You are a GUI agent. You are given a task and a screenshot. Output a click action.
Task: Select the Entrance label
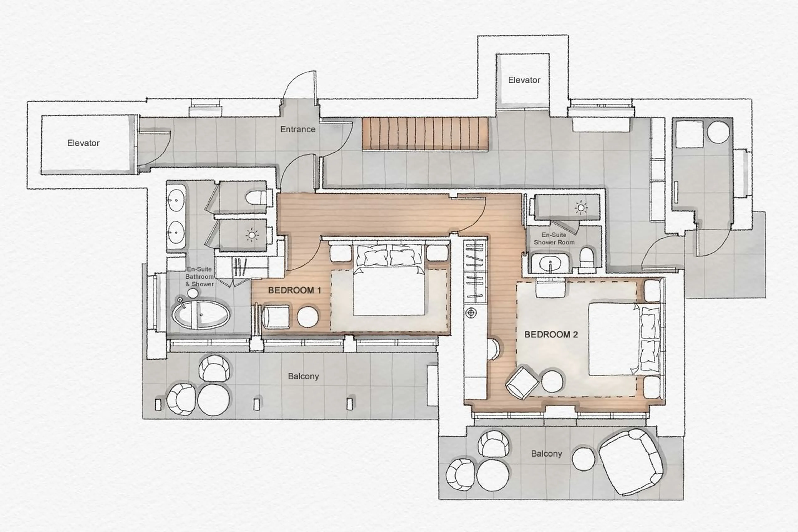pyautogui.click(x=297, y=129)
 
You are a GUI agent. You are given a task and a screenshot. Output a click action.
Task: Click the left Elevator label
pyautogui.click(x=83, y=143)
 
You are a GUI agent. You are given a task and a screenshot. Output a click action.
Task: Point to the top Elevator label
pyautogui.click(x=524, y=80)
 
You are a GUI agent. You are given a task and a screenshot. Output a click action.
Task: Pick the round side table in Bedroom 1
pyautogui.click(x=308, y=317)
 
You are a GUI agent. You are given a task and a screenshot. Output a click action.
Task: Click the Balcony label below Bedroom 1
pyautogui.click(x=303, y=376)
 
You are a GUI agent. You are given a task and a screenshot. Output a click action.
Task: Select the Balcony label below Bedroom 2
pyautogui.click(x=546, y=454)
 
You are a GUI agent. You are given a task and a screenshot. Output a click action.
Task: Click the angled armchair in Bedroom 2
pyautogui.click(x=522, y=383)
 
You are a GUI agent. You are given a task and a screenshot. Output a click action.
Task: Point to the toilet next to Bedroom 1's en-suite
pyautogui.click(x=256, y=198)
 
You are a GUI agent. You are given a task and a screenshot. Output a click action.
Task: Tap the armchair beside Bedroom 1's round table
pyautogui.click(x=276, y=317)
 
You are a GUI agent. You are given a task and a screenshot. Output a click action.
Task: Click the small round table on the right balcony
pyautogui.click(x=583, y=459)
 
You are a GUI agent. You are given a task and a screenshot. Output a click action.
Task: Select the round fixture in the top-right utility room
pyautogui.click(x=718, y=132)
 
